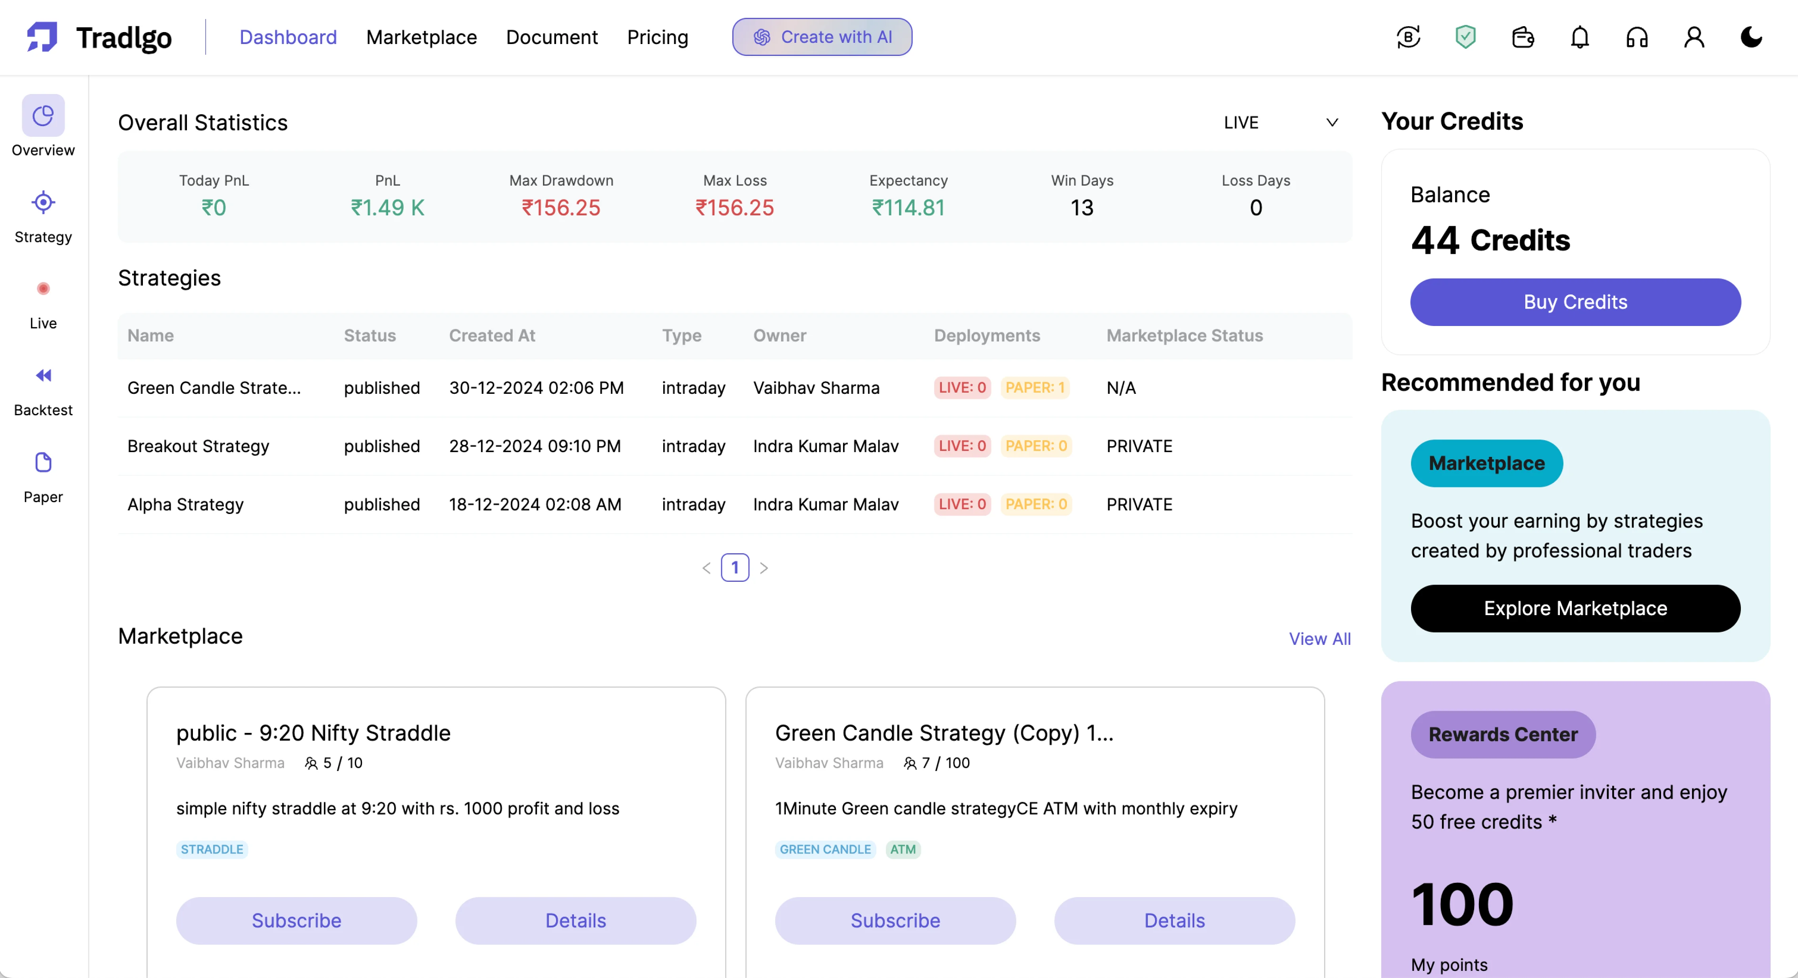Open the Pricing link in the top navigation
(657, 37)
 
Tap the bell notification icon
(1580, 37)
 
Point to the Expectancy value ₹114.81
(908, 208)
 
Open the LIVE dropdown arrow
(1332, 123)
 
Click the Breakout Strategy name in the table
(198, 447)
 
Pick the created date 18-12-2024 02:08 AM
(535, 504)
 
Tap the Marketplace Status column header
(1184, 336)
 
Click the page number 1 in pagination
(734, 568)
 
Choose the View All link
(1319, 639)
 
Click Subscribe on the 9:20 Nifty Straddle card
(296, 921)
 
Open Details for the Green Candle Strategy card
(1174, 921)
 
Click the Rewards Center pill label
(1503, 734)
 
